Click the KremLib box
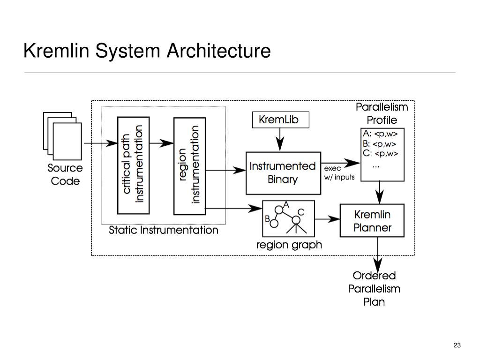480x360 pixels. coord(280,120)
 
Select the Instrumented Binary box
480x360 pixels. coord(283,173)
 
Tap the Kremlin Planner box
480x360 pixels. coord(372,220)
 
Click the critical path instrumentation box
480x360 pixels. coord(134,165)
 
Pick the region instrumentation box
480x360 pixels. coord(189,166)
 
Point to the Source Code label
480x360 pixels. coord(65,174)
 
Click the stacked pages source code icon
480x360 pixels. coord(62,136)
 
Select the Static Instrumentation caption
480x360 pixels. coord(164,230)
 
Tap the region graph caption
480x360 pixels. coord(289,245)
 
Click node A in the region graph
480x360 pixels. coord(279,210)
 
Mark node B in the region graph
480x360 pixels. coord(274,224)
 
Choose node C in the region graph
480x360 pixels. coord(296,220)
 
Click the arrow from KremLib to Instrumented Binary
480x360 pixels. coord(280,140)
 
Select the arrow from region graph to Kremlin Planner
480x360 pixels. coord(327,219)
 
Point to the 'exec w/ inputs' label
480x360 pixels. coord(339,173)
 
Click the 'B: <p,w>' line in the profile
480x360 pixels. coord(380,144)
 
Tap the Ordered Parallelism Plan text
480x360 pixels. coord(374,289)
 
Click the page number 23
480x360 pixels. coord(457,345)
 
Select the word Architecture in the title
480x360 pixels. coord(218,51)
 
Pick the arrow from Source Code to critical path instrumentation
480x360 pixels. coord(101,143)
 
